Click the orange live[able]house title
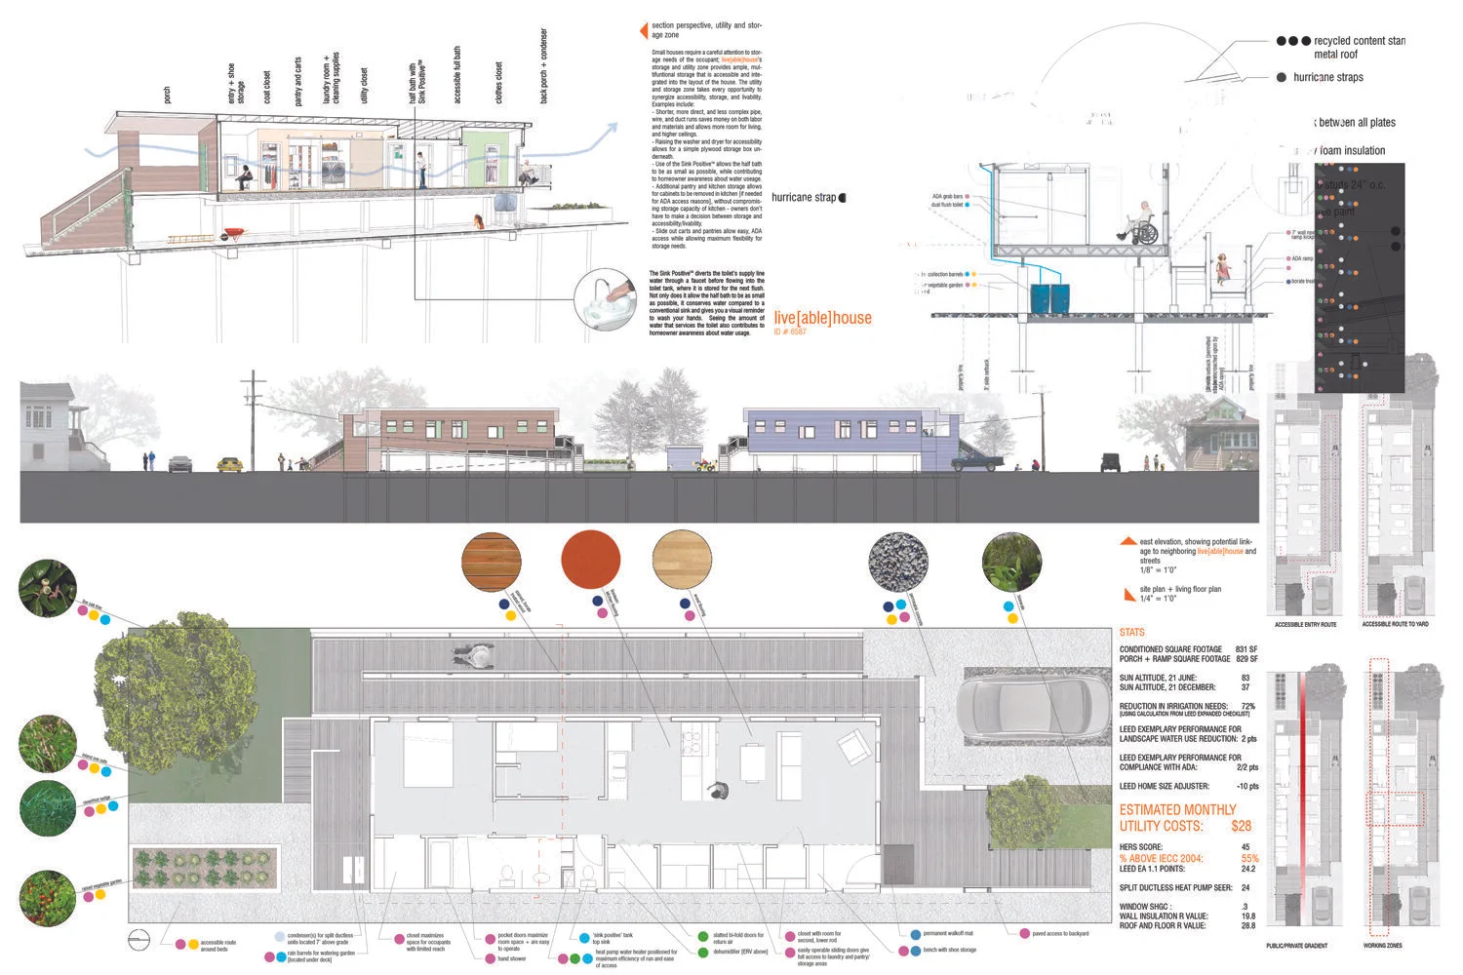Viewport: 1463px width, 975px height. point(822,318)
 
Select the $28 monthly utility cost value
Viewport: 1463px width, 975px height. point(1241,826)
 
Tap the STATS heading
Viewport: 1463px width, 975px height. point(1131,633)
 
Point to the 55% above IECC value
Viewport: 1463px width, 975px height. point(1248,859)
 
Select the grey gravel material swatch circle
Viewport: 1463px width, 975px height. point(897,563)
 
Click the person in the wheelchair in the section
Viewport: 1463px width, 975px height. point(1144,226)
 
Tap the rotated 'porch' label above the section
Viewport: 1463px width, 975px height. point(167,95)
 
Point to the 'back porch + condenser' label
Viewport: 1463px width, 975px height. point(543,65)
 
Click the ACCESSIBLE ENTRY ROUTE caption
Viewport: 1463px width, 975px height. point(1305,624)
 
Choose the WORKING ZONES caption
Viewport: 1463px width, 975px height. point(1382,946)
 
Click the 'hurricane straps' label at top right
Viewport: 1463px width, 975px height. point(1327,77)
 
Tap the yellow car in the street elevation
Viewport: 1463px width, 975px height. point(229,465)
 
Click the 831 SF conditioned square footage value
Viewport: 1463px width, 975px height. point(1246,649)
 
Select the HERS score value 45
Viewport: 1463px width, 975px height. point(1246,847)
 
